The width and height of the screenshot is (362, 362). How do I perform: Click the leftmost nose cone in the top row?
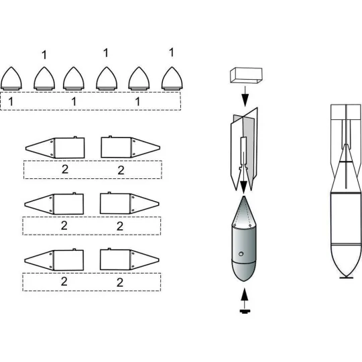[x=13, y=78]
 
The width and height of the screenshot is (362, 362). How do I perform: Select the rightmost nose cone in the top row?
[x=173, y=78]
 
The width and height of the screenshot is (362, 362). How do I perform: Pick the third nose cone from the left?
[x=74, y=78]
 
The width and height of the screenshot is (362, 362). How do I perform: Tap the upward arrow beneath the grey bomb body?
[x=245, y=294]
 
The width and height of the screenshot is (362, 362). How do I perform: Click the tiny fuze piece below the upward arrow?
[x=245, y=310]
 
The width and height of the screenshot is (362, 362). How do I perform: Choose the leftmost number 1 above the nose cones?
[x=44, y=54]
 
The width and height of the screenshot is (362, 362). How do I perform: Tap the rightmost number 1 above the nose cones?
[x=171, y=52]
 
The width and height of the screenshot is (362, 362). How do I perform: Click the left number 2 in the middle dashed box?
[x=64, y=225]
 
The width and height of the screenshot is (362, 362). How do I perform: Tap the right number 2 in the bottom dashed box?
[x=121, y=282]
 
